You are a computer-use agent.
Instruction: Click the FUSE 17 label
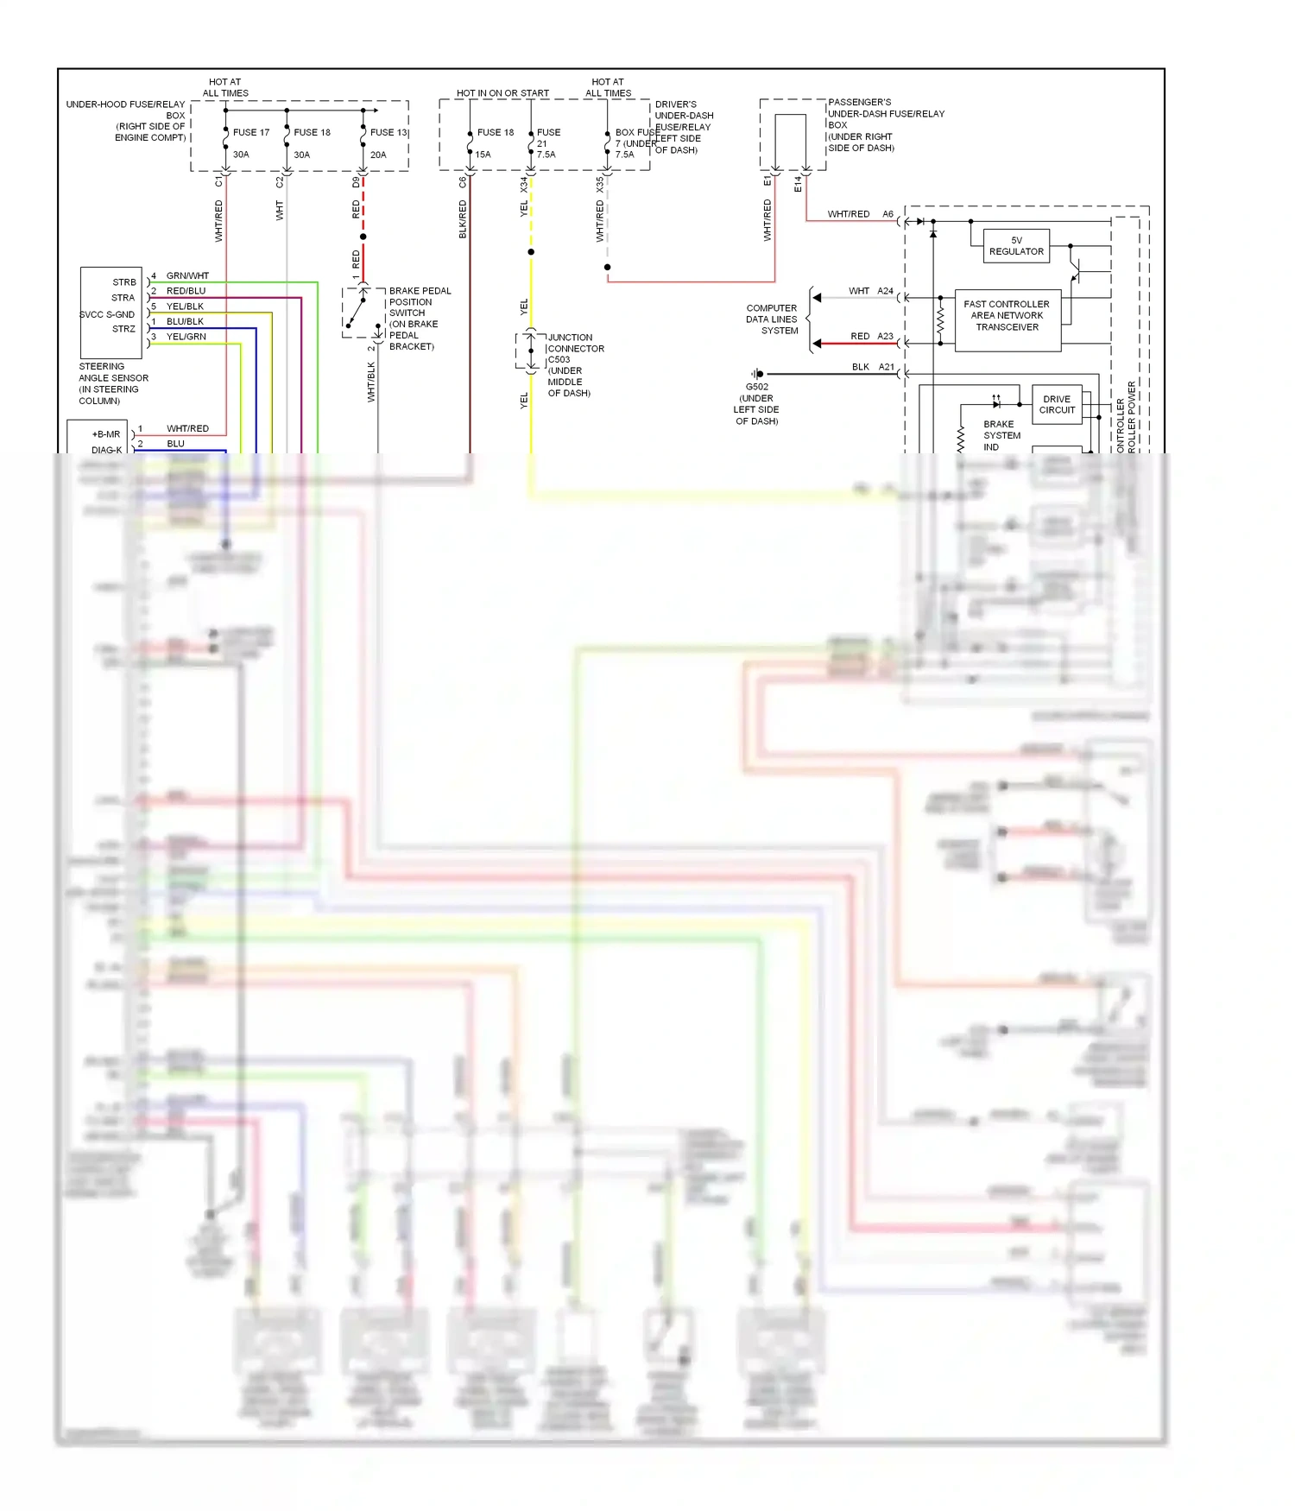coord(250,133)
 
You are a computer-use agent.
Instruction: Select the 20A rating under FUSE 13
coord(378,155)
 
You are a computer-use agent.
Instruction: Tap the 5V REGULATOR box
coord(1016,246)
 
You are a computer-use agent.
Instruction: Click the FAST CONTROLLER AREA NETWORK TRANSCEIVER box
coord(1007,316)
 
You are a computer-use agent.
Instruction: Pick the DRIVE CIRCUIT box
coord(1057,405)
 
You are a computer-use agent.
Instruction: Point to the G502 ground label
coord(757,388)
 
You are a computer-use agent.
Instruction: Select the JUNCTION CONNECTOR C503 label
coord(571,349)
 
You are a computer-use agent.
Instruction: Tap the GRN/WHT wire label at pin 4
coord(187,276)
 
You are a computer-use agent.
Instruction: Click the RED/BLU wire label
coord(186,292)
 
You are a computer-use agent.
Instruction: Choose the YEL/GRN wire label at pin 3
coord(186,338)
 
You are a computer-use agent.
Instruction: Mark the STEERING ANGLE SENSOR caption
coord(112,384)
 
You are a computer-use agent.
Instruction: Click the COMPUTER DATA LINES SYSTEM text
coord(772,319)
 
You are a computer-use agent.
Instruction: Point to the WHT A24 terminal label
coord(870,292)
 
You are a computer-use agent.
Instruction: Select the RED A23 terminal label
coord(871,337)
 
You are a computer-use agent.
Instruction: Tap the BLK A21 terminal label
coord(873,368)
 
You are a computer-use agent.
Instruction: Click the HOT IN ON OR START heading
coord(502,93)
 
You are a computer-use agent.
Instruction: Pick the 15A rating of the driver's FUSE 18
coord(483,155)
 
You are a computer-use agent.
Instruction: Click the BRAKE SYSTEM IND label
coord(1001,436)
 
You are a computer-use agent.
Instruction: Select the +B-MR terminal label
coord(106,435)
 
